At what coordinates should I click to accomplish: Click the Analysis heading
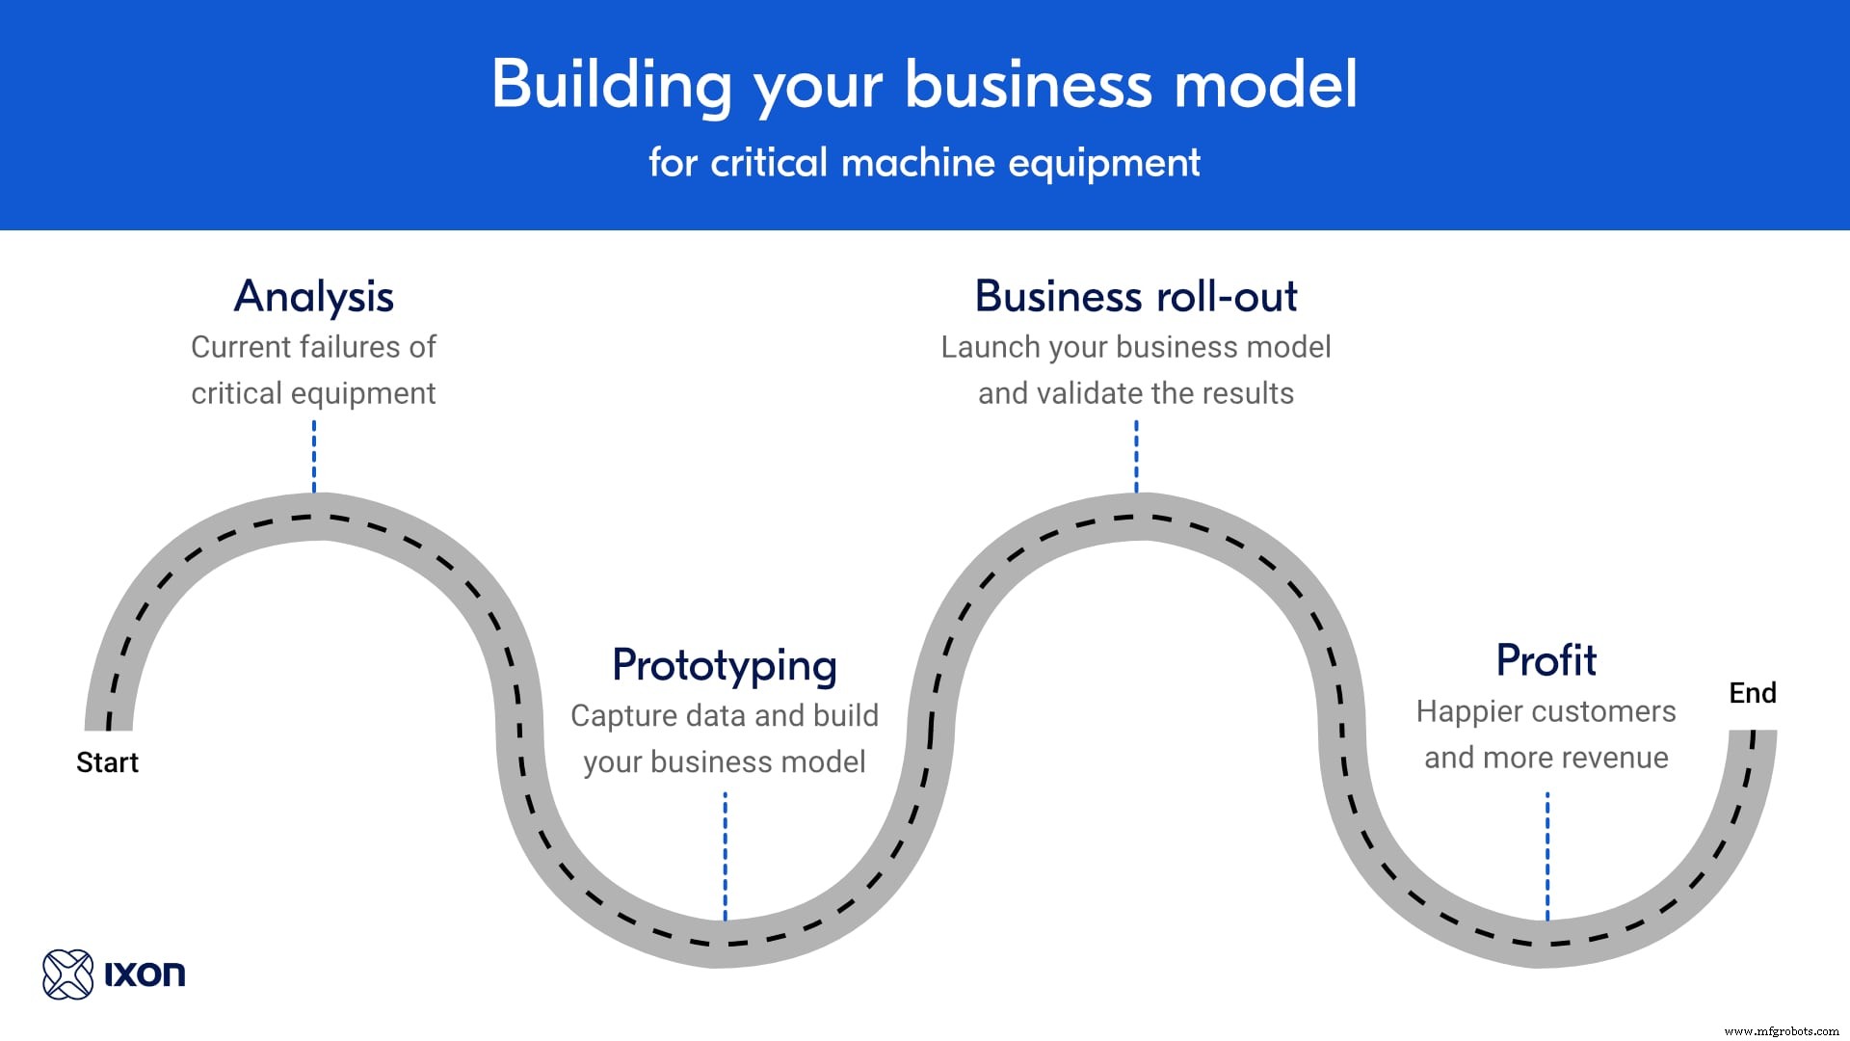(314, 297)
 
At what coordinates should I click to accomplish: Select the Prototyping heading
(725, 666)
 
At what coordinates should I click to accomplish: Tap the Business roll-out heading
(1136, 297)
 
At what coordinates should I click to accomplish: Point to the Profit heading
(1546, 661)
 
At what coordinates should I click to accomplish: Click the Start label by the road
(107, 762)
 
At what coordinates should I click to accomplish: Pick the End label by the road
(1752, 693)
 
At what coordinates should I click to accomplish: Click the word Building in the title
(612, 85)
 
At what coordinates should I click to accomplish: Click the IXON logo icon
(67, 974)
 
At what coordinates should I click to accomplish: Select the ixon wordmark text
(145, 974)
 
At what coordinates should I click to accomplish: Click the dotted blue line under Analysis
(314, 457)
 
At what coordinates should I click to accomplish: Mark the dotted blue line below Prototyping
(726, 854)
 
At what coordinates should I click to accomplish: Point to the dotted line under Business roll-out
(1136, 457)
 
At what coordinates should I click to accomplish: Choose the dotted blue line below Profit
(1547, 854)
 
